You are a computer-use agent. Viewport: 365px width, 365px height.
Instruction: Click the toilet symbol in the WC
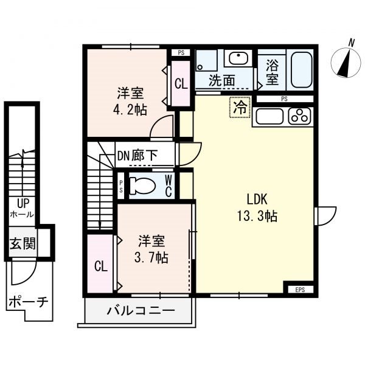[x=142, y=186]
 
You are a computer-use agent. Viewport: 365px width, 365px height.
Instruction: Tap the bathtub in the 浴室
[x=301, y=69]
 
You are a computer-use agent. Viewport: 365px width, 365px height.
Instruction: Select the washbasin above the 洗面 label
[x=238, y=58]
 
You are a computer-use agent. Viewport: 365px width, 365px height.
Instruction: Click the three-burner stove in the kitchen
[x=299, y=116]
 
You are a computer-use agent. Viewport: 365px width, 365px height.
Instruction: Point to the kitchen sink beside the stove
[x=269, y=116]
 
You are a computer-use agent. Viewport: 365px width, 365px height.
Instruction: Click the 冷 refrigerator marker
[x=240, y=108]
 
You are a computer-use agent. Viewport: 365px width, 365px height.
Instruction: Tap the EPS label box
[x=300, y=290]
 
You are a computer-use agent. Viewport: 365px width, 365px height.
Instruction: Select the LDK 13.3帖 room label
[x=257, y=207]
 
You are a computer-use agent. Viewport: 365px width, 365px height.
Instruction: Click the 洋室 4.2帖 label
[x=130, y=101]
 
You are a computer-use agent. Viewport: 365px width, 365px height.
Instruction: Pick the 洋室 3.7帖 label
[x=151, y=249]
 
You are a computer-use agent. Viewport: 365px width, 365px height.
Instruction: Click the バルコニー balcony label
[x=141, y=310]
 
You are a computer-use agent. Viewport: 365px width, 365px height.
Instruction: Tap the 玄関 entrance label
[x=23, y=243]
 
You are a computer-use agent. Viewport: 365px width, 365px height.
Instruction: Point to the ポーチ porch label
[x=29, y=302]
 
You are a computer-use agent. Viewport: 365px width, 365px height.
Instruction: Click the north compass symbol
[x=346, y=61]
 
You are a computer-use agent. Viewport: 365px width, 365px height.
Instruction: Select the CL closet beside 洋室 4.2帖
[x=181, y=84]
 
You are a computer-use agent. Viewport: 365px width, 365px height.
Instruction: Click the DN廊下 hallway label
[x=137, y=156]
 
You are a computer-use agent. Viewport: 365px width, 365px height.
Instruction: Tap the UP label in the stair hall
[x=23, y=203]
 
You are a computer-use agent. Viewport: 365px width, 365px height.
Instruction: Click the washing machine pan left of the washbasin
[x=206, y=60]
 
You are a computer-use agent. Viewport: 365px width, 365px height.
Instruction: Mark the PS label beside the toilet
[x=121, y=187]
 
